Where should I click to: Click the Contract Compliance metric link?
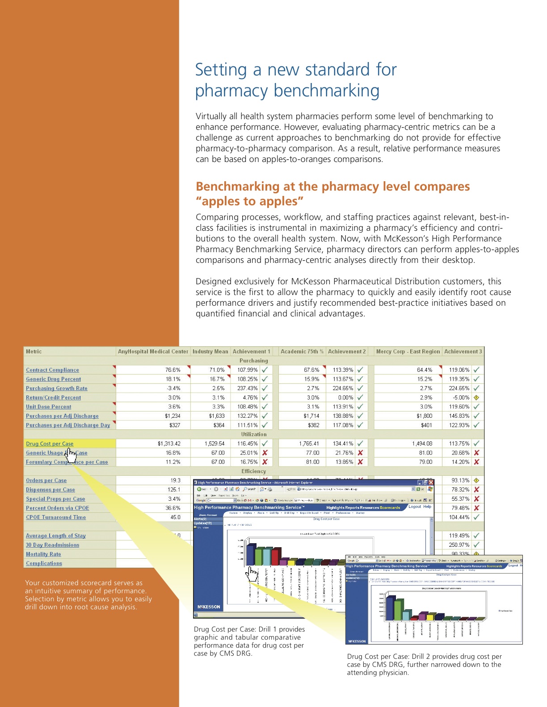(52, 370)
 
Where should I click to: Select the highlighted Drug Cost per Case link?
(50, 444)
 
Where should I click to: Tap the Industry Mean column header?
(210, 352)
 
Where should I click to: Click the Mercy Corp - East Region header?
(408, 352)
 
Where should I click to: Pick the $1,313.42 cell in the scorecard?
(169, 444)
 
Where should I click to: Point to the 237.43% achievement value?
(247, 388)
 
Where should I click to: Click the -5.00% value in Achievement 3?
(461, 398)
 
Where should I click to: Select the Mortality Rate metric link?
(43, 554)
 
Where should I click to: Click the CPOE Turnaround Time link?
(56, 517)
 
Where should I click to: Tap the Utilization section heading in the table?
(253, 434)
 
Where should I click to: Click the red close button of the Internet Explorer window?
(431, 482)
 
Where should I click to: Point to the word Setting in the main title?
(221, 70)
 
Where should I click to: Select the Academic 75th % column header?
(302, 352)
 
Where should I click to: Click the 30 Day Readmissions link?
(52, 545)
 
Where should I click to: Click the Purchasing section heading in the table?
(253, 361)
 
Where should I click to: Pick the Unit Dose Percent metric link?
(48, 407)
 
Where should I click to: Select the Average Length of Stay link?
(55, 536)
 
